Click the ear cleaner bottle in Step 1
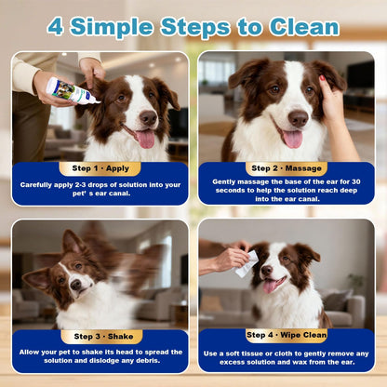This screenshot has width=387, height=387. click(73, 90)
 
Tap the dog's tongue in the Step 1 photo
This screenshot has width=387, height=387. click(145, 139)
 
